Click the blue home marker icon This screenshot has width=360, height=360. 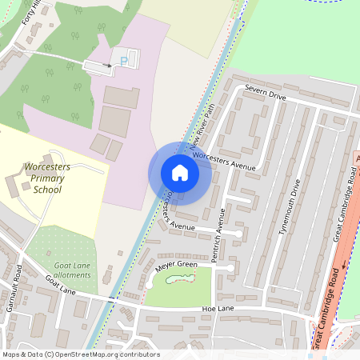click(x=179, y=173)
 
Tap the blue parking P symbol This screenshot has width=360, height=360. click(x=122, y=61)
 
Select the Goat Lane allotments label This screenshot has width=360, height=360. click(x=72, y=270)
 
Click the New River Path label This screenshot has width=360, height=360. click(x=202, y=128)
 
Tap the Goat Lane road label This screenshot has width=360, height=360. click(x=60, y=284)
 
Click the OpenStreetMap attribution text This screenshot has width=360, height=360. click(x=80, y=354)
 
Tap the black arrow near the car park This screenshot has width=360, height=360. click(x=108, y=66)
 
